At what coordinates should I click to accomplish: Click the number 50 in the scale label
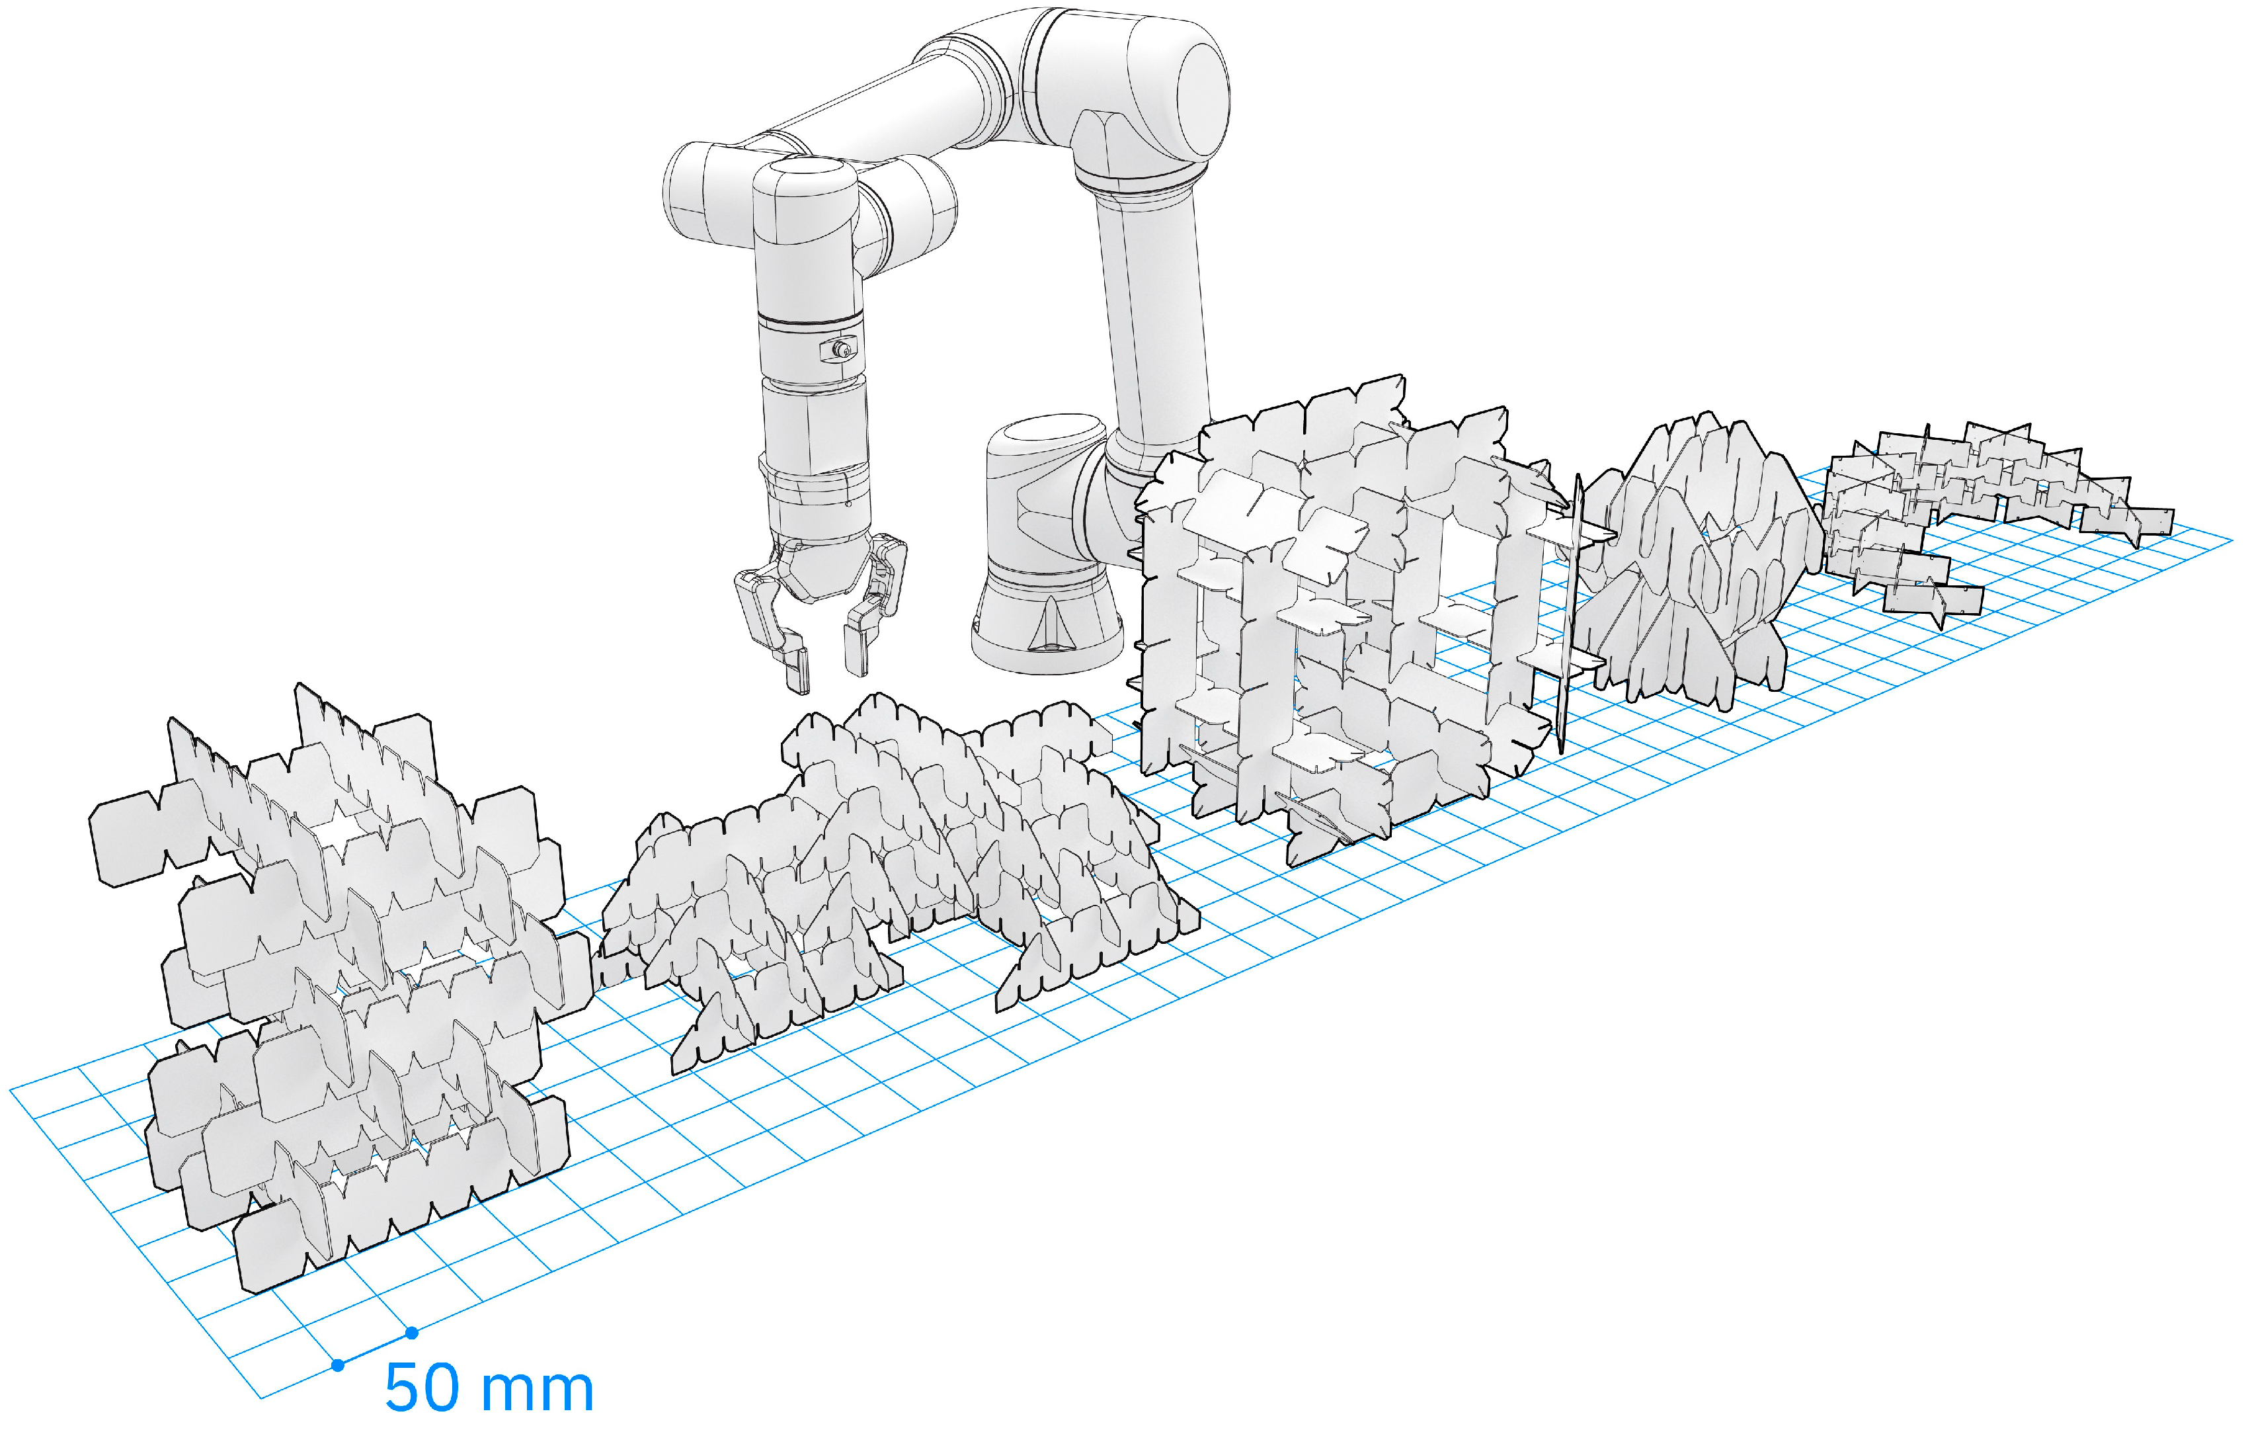(x=422, y=1389)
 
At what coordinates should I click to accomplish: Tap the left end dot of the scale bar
(x=338, y=1365)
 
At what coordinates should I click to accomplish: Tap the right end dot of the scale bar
(x=411, y=1333)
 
